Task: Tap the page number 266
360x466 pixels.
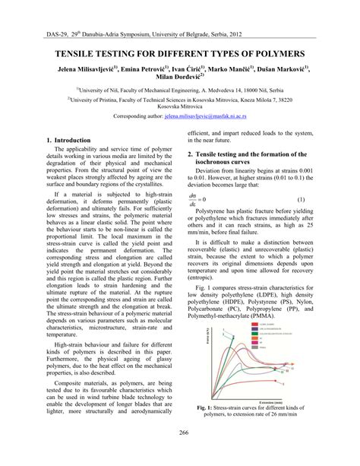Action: click(180, 454)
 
